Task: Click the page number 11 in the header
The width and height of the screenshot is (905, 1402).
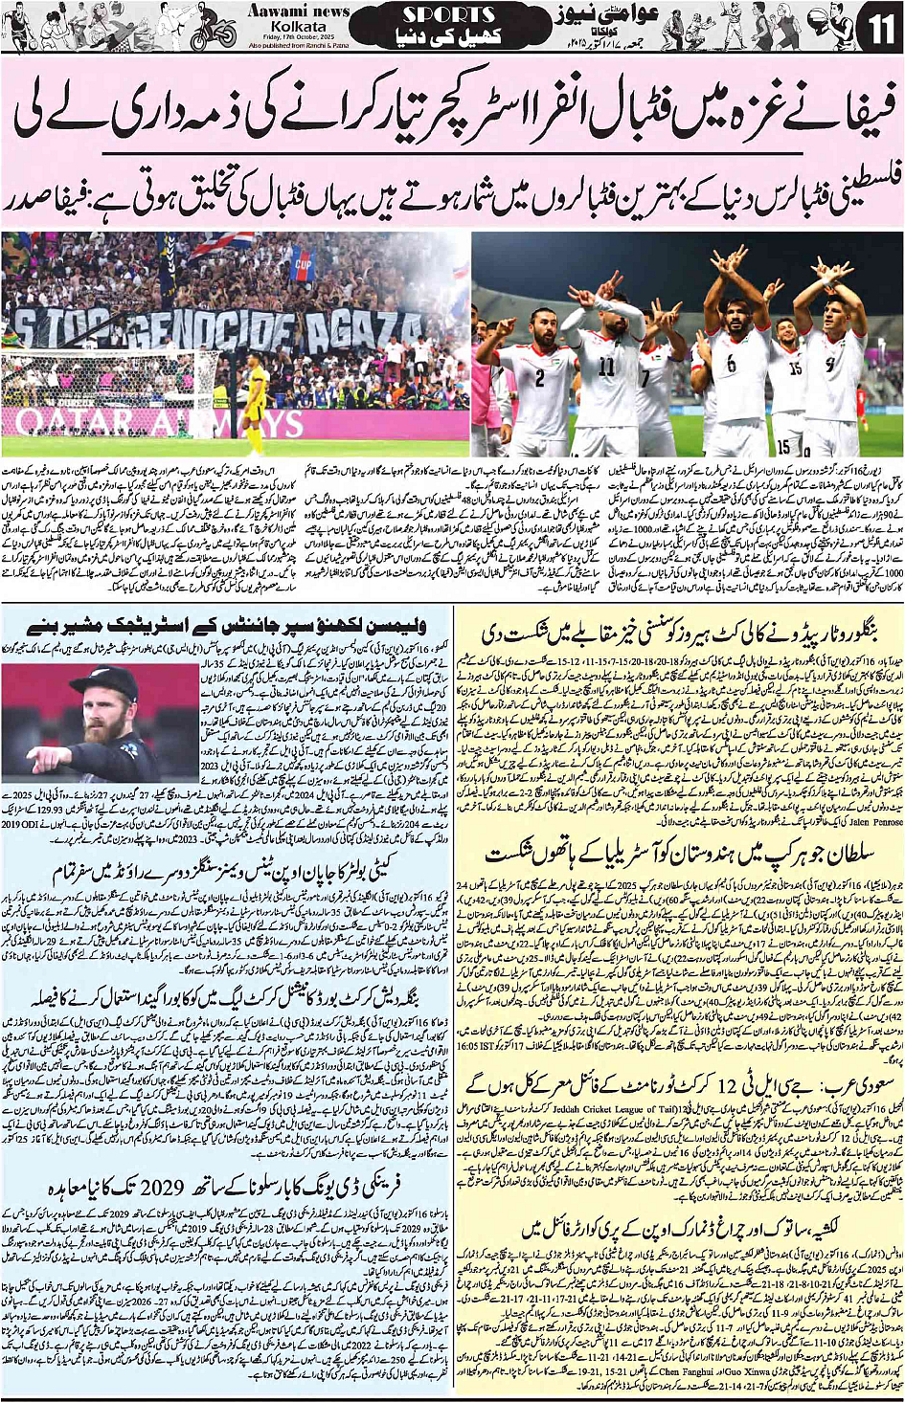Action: point(879,26)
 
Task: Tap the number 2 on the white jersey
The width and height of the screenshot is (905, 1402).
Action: point(539,377)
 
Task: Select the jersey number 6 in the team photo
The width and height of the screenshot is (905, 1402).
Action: point(731,365)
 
